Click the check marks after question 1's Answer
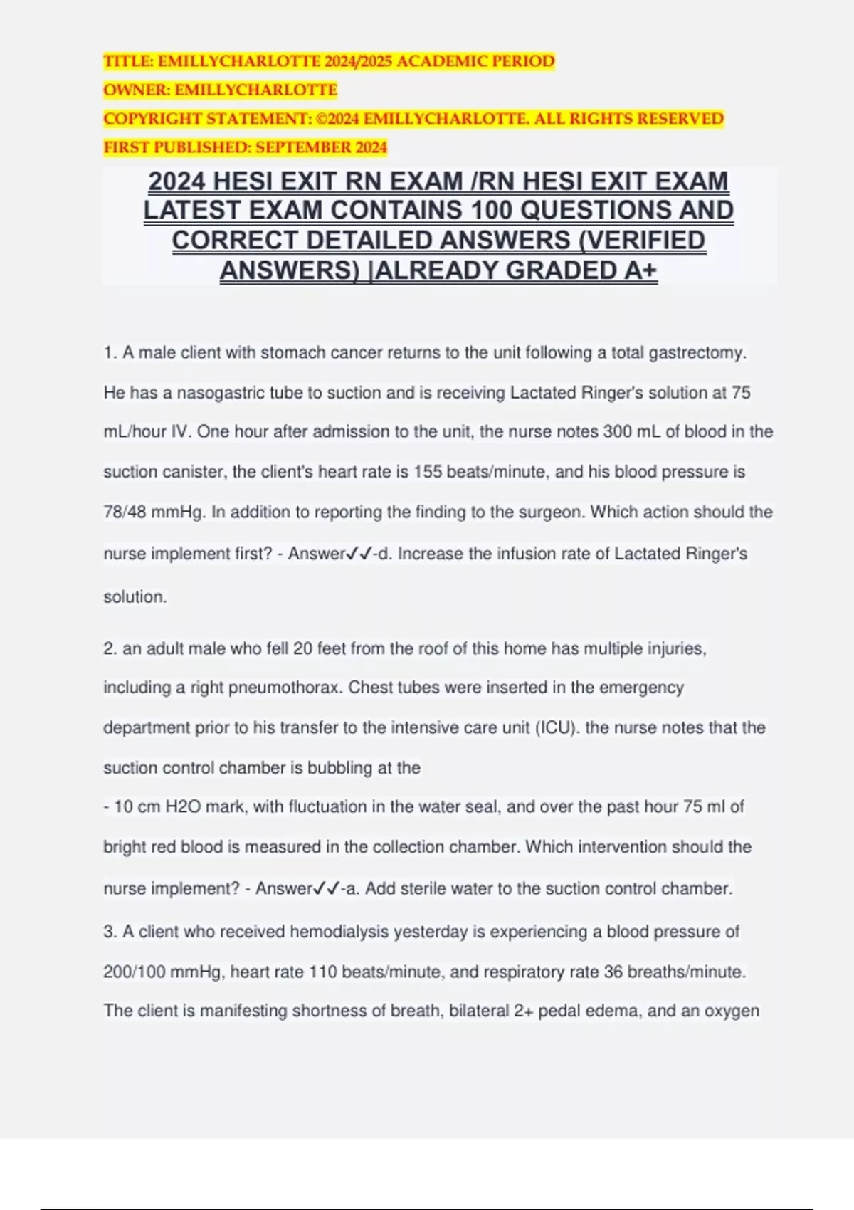(359, 554)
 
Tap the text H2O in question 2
(183, 807)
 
